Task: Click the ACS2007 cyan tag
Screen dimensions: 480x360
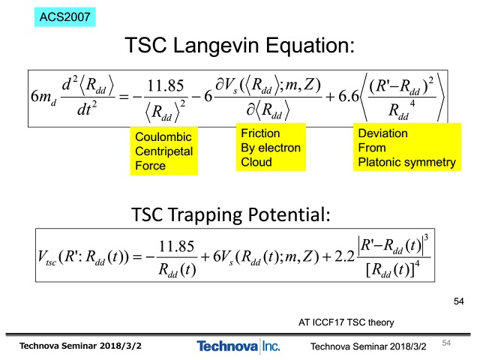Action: [x=65, y=16]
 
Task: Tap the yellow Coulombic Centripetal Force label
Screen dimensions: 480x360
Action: [x=163, y=151]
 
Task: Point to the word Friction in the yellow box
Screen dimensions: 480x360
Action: [x=260, y=133]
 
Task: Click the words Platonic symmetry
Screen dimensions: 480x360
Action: [x=406, y=162]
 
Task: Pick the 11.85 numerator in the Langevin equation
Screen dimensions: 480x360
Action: [x=166, y=85]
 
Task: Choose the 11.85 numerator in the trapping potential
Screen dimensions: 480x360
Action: [x=177, y=246]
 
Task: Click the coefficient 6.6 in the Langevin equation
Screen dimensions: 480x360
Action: [x=348, y=97]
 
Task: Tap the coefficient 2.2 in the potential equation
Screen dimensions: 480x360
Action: [x=345, y=256]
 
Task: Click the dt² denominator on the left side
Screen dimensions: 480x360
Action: [x=87, y=109]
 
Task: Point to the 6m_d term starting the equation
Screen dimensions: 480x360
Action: [x=43, y=97]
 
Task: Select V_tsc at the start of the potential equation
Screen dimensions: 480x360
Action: [x=46, y=257]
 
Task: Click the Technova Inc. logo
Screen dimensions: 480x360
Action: [x=238, y=346]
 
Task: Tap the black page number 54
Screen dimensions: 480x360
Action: [x=458, y=301]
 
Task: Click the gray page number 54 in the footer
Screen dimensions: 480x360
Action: [x=446, y=343]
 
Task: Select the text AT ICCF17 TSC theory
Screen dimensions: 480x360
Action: [x=346, y=322]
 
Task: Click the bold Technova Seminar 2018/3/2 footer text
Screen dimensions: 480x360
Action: [x=80, y=346]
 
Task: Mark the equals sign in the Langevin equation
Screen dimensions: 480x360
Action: [x=123, y=97]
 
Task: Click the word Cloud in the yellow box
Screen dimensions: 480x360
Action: [x=256, y=162]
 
